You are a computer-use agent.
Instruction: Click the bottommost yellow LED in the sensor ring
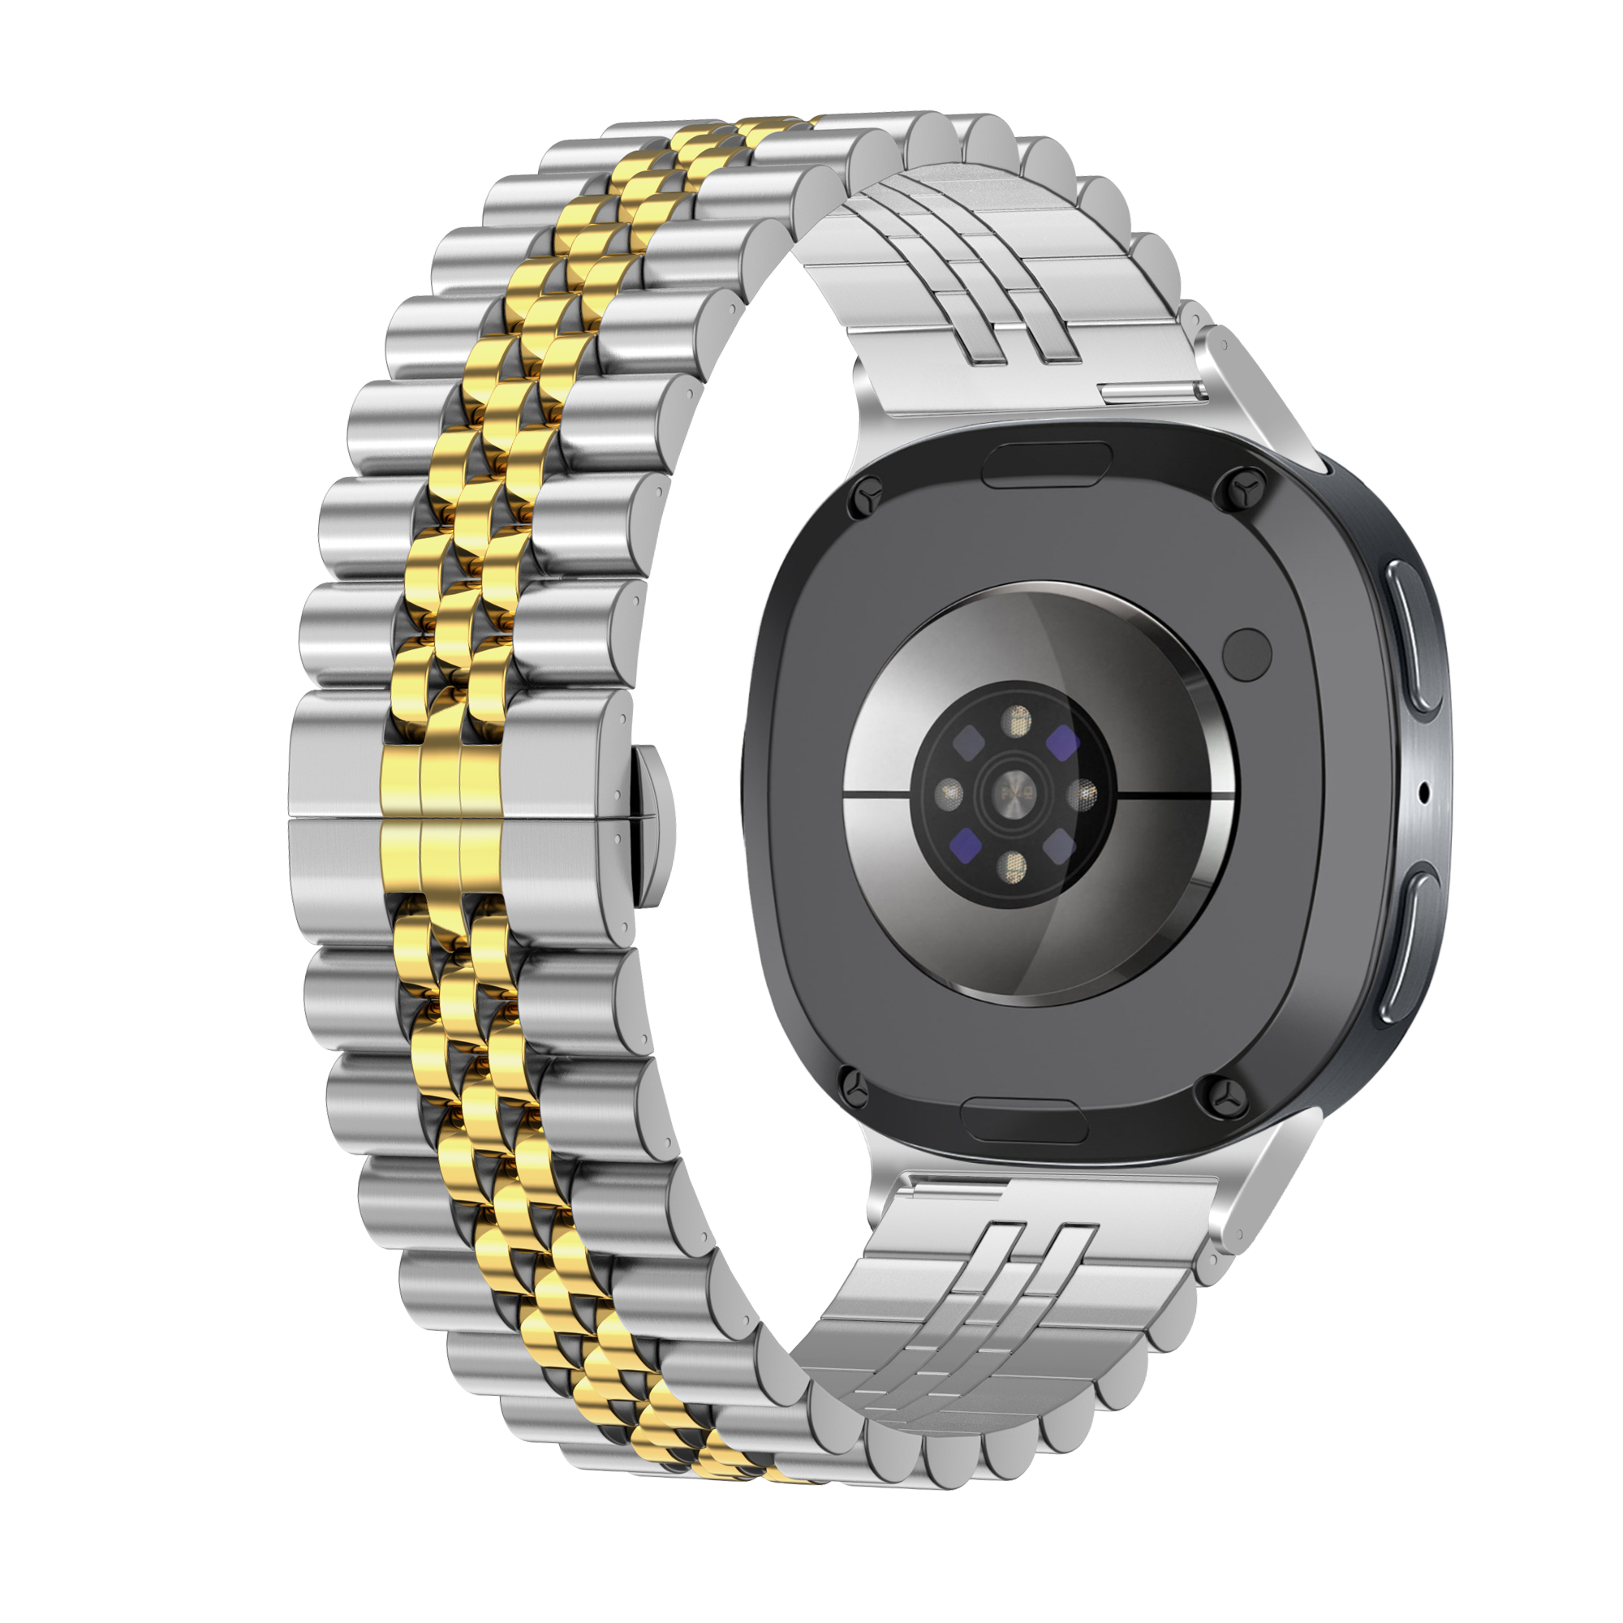click(1013, 864)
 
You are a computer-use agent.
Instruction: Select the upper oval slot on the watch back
click(1047, 464)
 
